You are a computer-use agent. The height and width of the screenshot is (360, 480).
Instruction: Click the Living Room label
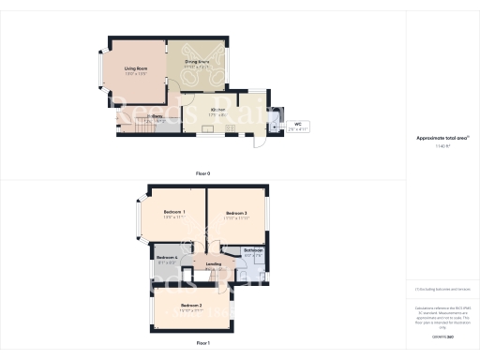[x=136, y=67]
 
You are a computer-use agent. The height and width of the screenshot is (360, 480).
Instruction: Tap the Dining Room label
[x=196, y=62]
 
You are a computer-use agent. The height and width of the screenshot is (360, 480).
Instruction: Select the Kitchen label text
[x=217, y=110]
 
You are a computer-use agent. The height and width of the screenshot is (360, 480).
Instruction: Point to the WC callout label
[x=297, y=124]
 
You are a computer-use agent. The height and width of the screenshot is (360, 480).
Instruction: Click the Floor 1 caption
[x=203, y=344]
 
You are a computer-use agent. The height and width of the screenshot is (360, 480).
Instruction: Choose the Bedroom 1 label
[x=172, y=212]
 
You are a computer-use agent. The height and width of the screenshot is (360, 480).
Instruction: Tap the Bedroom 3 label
[x=236, y=215]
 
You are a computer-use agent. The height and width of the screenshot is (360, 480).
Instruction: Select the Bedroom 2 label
[x=191, y=307]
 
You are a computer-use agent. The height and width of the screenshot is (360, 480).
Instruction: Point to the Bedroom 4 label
[x=167, y=257]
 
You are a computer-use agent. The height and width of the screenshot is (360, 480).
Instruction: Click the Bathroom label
[x=253, y=250]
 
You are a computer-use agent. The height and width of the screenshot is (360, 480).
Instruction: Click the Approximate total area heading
[x=442, y=138]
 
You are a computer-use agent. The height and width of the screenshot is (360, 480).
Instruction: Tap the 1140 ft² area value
[x=442, y=146]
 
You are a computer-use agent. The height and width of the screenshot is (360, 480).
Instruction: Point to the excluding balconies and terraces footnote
[x=441, y=290]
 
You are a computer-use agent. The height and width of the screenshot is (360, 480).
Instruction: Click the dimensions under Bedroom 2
[x=191, y=312]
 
